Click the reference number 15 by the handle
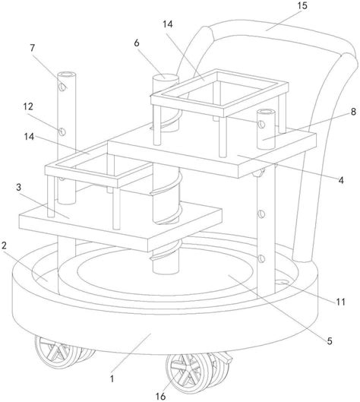(x=302, y=5)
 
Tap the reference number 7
(x=33, y=48)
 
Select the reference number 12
(x=28, y=106)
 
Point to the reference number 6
(x=137, y=43)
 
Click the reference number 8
(x=353, y=112)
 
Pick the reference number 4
(x=341, y=181)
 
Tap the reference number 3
(x=18, y=188)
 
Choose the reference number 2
(x=4, y=245)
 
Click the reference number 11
(x=340, y=302)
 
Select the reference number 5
(x=330, y=341)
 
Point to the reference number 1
(x=112, y=378)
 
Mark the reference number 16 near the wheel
(x=161, y=397)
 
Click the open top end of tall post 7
(x=67, y=74)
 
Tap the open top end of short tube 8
(x=266, y=112)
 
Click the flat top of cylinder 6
(x=166, y=77)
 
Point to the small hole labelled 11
(x=282, y=282)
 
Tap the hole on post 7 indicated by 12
(x=62, y=132)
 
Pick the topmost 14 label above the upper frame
(x=168, y=24)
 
